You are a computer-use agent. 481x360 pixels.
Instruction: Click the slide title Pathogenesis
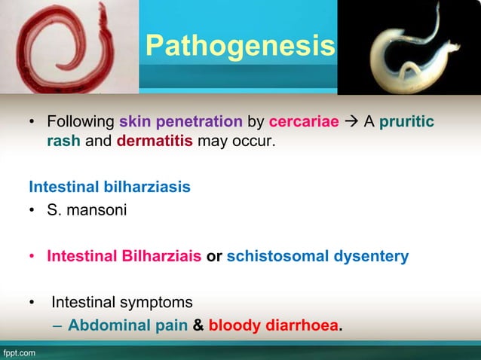click(240, 47)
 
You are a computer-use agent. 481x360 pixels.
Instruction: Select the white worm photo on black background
click(408, 47)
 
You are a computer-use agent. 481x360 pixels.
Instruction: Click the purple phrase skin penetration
click(180, 121)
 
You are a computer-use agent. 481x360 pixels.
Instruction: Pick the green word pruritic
click(406, 121)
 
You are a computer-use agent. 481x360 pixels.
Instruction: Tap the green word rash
click(63, 141)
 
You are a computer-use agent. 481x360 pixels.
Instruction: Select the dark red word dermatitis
click(155, 141)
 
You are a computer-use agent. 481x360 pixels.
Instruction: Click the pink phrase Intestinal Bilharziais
click(124, 257)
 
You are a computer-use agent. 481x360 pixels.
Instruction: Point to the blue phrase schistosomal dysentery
click(317, 257)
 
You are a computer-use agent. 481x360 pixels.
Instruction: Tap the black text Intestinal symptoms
click(121, 303)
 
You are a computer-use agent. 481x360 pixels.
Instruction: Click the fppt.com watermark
click(18, 352)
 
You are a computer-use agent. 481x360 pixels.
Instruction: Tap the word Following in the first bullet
click(79, 121)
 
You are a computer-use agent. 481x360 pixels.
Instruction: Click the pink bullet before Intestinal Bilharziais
click(32, 257)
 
